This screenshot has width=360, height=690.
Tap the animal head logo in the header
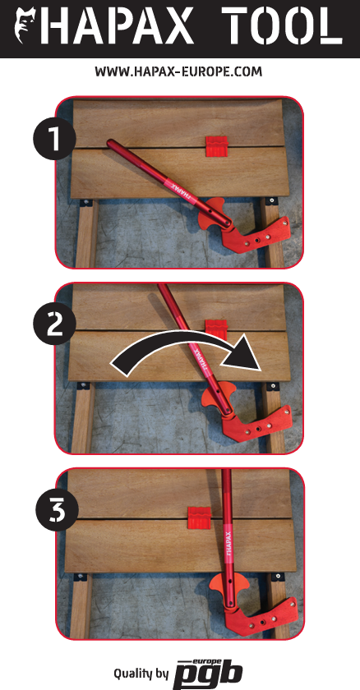click(26, 26)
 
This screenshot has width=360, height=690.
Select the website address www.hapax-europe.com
click(178, 71)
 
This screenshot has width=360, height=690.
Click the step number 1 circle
click(54, 138)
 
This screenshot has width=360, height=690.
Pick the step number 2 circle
click(54, 324)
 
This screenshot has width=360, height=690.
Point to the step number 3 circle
click(57, 510)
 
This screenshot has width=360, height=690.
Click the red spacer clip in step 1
click(217, 146)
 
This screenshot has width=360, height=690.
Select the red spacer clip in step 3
click(200, 517)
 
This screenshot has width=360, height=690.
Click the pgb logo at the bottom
click(208, 674)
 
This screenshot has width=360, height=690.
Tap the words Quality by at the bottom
click(141, 674)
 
